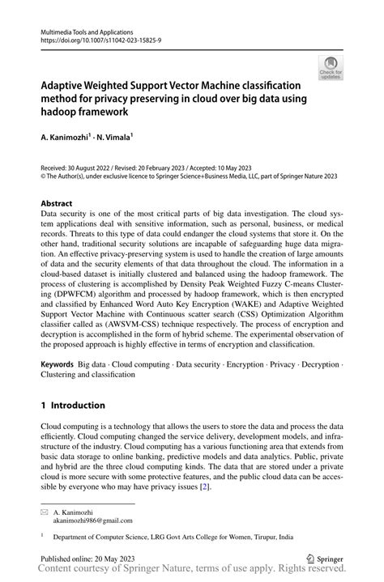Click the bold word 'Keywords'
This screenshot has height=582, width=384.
coord(58,366)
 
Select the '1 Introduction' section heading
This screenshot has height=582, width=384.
coord(73,405)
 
